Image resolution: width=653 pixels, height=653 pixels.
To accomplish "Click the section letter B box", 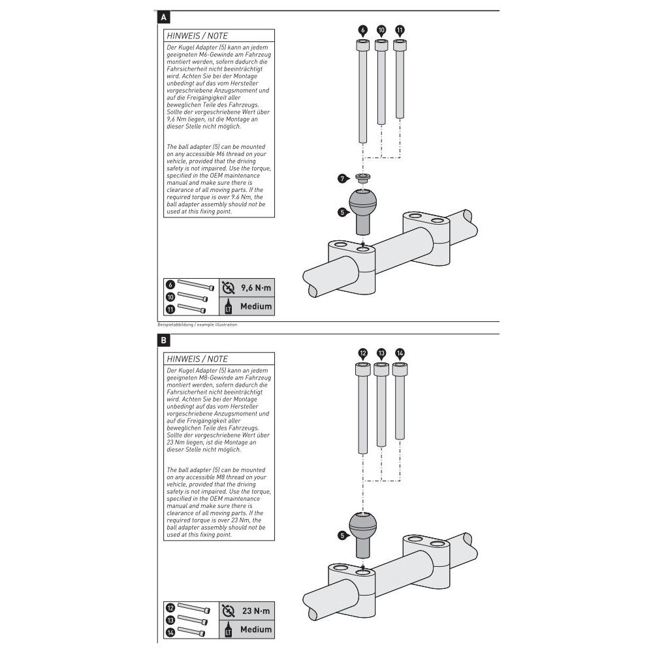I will tap(163, 340).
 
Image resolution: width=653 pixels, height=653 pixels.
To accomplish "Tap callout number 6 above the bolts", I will tap(363, 30).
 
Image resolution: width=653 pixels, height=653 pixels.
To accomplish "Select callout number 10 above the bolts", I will tap(381, 30).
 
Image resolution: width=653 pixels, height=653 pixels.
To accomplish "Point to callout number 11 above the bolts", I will tap(400, 30).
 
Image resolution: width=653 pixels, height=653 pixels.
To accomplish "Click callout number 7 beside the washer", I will tap(342, 178).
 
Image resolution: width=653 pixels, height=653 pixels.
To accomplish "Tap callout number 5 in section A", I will tap(342, 212).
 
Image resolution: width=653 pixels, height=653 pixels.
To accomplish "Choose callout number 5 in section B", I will tap(342, 535).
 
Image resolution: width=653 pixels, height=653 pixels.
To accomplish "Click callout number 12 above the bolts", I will tap(363, 353).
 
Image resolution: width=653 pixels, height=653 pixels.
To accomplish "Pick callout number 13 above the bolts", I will tap(381, 353).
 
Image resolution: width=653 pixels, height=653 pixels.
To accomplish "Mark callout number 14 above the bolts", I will tap(400, 353).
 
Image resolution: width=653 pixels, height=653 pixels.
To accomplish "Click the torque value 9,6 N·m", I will tap(255, 287).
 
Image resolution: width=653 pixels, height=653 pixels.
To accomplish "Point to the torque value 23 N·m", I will tap(257, 611).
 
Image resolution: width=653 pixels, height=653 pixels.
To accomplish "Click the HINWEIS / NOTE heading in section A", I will tap(197, 36).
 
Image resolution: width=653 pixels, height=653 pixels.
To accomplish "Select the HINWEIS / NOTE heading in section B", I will tap(197, 358).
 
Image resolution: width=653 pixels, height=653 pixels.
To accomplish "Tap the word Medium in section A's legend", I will tap(255, 306).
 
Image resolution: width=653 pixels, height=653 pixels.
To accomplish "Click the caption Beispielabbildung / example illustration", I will tap(197, 324).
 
